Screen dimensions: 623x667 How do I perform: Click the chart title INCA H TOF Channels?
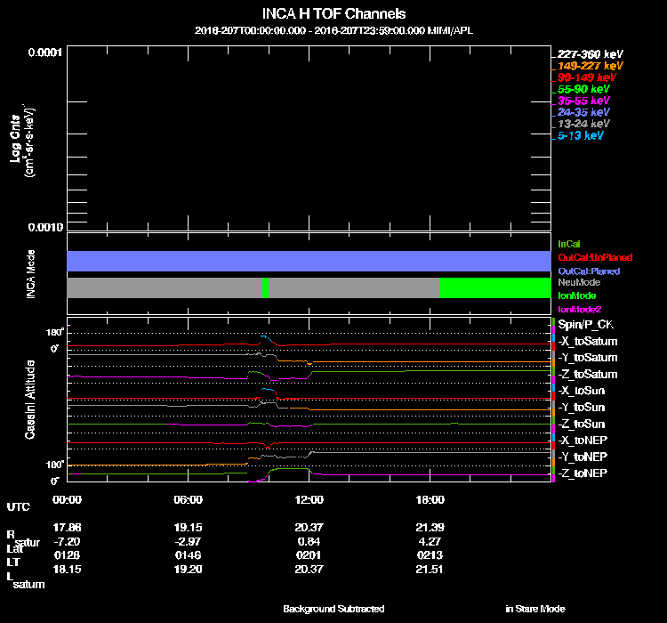(x=333, y=14)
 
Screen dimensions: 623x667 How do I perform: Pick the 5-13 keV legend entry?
(x=581, y=136)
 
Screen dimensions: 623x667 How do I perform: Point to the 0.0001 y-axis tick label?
(x=43, y=52)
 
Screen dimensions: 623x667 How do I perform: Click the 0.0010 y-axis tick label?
(x=43, y=227)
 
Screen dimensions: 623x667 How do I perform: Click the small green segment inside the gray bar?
(x=265, y=287)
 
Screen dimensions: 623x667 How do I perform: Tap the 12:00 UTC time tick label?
(x=309, y=499)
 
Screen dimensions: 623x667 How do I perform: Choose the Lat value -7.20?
(x=68, y=540)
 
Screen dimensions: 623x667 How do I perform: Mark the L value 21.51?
(x=430, y=568)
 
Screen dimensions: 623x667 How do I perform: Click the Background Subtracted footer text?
(x=333, y=609)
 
